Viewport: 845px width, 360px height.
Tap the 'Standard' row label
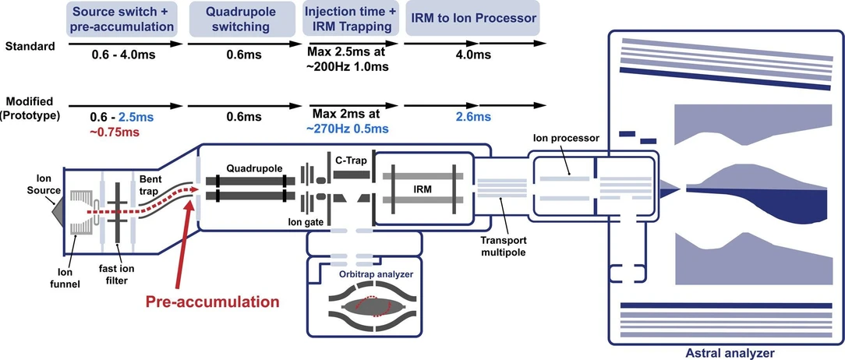point(30,46)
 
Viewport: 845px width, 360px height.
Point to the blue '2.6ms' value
point(472,117)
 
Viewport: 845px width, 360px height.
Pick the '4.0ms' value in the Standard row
point(472,55)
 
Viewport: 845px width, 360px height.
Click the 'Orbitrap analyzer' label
point(375,274)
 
